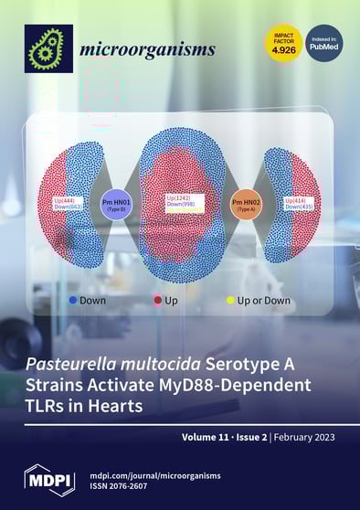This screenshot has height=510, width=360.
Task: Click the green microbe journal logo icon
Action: point(47,48)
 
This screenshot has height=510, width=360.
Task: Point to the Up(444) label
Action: point(69,199)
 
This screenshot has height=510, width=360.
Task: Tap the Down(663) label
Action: point(69,207)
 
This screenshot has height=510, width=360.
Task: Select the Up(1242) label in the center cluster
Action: point(180,197)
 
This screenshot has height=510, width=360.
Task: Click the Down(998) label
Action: point(180,206)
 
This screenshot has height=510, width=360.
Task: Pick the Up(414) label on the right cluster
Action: point(298,199)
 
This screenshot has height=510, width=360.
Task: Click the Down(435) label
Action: point(298,207)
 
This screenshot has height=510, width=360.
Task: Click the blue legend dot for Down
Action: point(73,300)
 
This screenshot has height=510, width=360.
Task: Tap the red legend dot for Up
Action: point(158,300)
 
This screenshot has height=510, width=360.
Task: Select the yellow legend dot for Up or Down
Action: point(230,300)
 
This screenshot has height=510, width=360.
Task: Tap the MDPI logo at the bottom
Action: point(50,480)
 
